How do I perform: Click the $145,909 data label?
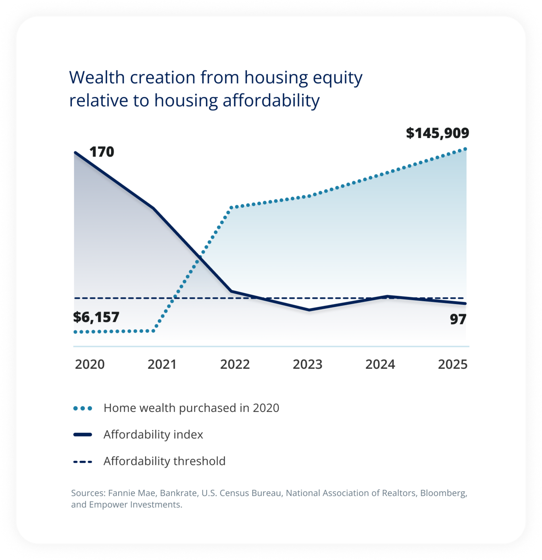tap(437, 133)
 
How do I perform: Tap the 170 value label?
tap(102, 152)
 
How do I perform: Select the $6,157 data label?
tap(96, 317)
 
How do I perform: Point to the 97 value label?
tap(458, 319)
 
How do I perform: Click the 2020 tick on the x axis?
tap(90, 364)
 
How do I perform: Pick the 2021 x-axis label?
tap(162, 364)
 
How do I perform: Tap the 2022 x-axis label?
tap(235, 364)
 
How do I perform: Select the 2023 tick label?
tap(308, 364)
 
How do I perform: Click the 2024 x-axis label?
tap(380, 364)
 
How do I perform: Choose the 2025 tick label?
tap(453, 364)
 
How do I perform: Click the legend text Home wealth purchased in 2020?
tap(191, 408)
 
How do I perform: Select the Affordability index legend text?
tap(153, 435)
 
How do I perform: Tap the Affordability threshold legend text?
tap(164, 461)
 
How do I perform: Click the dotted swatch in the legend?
tap(83, 408)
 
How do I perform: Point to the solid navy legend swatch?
tap(83, 435)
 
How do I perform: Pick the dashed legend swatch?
tap(83, 462)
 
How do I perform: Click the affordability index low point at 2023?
tap(309, 310)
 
